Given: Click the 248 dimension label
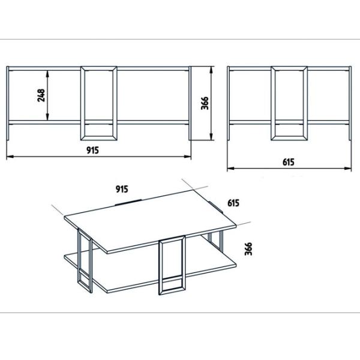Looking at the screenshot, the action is pyautogui.click(x=41, y=95).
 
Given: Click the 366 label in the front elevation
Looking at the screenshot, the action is pyautogui.click(x=205, y=103).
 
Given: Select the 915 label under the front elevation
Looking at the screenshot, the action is pyautogui.click(x=92, y=150).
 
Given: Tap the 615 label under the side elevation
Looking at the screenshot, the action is pyautogui.click(x=289, y=162).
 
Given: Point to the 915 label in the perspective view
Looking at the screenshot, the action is pyautogui.click(x=122, y=189).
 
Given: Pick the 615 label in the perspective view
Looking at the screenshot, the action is pyautogui.click(x=233, y=203).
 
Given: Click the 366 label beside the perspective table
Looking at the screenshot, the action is pyautogui.click(x=248, y=248).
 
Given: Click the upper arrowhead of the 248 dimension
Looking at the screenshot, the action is pyautogui.click(x=47, y=73).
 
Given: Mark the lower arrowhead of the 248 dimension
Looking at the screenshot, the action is pyautogui.click(x=47, y=117).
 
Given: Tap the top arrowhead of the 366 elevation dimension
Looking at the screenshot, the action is pyautogui.click(x=211, y=70).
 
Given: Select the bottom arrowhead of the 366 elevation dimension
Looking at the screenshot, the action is pyautogui.click(x=211, y=137).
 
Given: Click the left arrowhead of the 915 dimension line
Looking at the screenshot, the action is pyautogui.click(x=10, y=157).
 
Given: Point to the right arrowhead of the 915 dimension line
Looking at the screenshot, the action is pyautogui.click(x=188, y=157).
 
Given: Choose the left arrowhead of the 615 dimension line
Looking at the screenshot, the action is pyautogui.click(x=231, y=168).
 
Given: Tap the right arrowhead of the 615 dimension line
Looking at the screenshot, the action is pyautogui.click(x=348, y=168).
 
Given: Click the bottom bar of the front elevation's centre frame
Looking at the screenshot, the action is pyautogui.click(x=99, y=138).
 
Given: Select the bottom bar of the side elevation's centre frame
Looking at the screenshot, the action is pyautogui.click(x=289, y=138).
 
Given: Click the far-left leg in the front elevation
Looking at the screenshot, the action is pyautogui.click(x=8, y=103).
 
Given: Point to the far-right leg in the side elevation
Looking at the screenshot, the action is pyautogui.click(x=350, y=103).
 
